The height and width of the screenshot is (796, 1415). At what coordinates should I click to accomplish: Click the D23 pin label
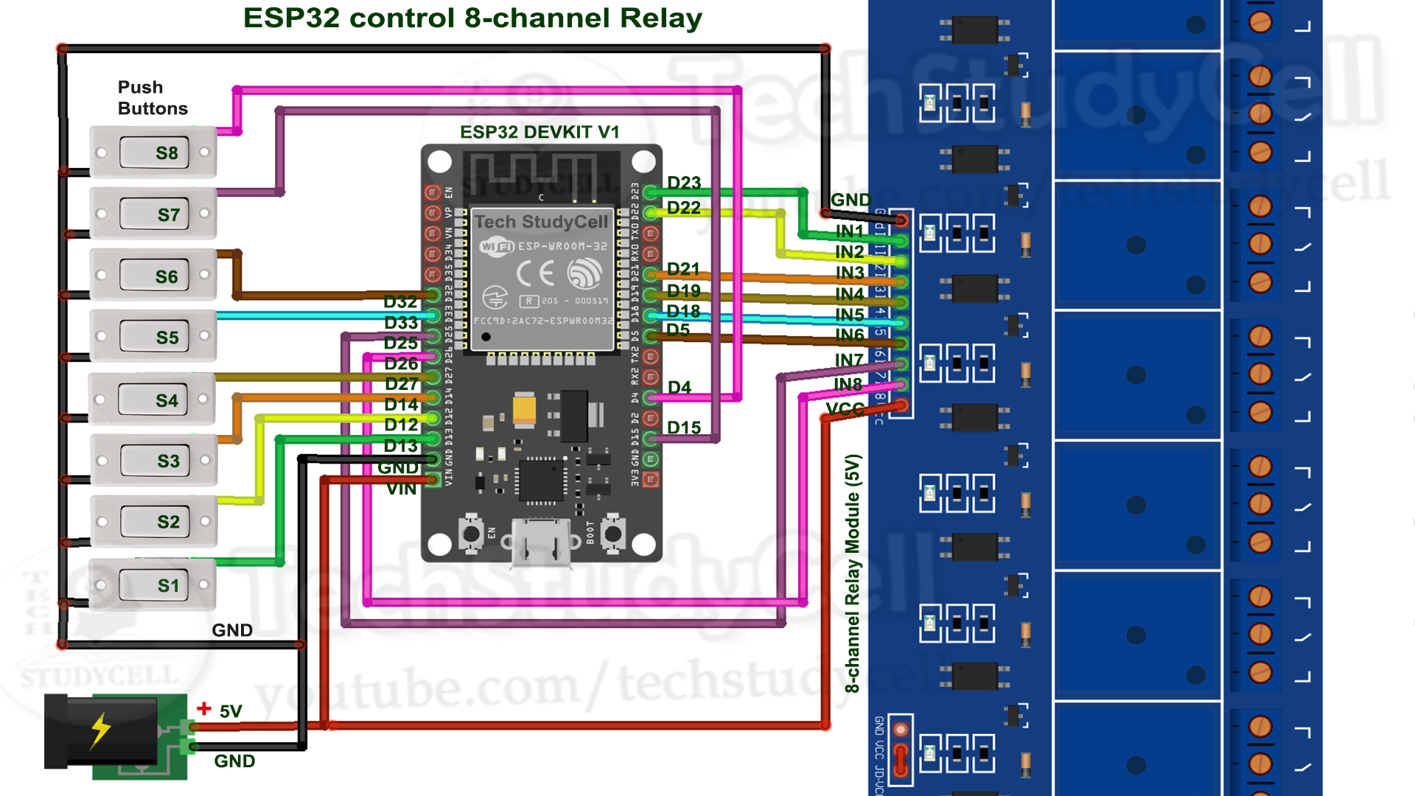683,183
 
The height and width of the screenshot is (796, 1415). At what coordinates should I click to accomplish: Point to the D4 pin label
679,388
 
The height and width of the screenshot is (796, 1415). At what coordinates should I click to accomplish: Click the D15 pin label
683,427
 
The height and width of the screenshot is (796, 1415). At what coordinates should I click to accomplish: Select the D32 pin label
400,301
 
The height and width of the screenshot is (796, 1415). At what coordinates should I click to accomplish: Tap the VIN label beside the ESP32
401,489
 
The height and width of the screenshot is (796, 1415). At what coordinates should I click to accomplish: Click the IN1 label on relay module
849,231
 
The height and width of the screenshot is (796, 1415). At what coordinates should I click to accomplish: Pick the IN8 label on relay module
848,384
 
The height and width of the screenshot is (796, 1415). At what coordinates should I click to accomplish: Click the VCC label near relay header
845,409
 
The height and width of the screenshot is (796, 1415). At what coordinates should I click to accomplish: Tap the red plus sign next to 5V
204,709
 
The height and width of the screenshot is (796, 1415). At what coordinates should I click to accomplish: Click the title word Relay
661,18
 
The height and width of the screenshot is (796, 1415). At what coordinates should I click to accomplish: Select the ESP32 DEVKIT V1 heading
539,132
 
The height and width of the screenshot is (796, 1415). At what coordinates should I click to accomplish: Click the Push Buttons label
152,98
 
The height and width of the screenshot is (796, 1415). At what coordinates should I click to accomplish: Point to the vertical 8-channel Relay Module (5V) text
853,573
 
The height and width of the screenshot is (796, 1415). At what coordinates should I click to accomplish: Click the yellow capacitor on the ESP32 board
524,409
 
